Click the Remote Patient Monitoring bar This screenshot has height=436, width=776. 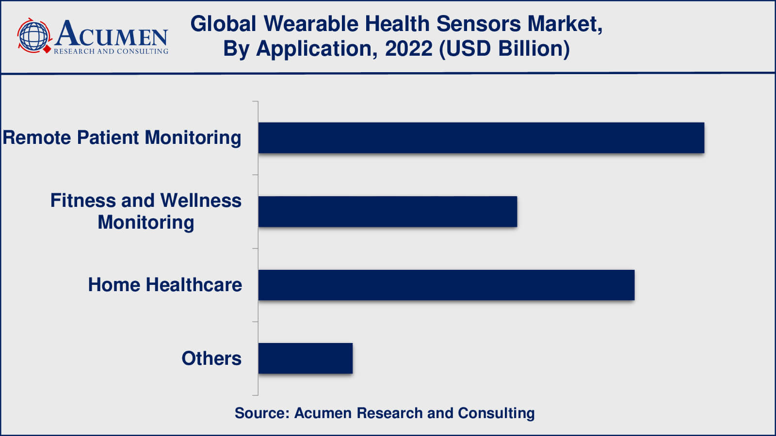[481, 138]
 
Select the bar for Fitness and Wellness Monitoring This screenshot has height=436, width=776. [388, 212]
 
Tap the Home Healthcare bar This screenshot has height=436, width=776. [447, 285]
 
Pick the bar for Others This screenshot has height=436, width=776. [306, 358]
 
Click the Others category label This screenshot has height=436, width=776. [211, 358]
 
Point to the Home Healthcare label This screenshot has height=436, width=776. [165, 285]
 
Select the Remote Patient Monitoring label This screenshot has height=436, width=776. [122, 138]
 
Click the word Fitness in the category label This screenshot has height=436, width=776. [83, 201]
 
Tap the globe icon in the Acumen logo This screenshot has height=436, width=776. [33, 36]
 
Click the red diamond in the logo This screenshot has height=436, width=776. [47, 49]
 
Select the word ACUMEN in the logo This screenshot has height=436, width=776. [111, 33]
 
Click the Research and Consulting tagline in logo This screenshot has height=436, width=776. [111, 51]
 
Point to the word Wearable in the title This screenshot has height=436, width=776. [311, 24]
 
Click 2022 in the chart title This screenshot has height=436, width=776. [408, 48]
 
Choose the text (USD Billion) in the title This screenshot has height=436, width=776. [504, 49]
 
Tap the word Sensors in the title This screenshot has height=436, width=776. [478, 24]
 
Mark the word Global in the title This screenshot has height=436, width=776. [224, 24]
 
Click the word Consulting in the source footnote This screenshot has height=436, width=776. [497, 414]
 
